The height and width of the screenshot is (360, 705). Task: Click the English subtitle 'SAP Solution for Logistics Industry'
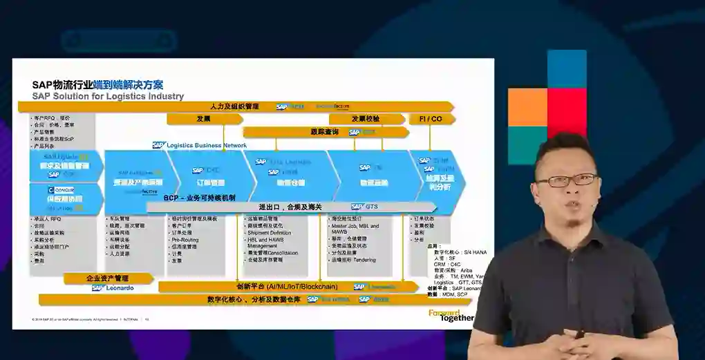coord(108,96)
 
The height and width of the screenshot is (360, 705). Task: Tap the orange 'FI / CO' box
coord(430,119)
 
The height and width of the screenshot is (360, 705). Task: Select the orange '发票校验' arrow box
coord(364,119)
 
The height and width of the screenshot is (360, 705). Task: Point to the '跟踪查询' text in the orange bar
coord(324,131)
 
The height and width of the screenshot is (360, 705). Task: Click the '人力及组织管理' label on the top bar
coord(234,106)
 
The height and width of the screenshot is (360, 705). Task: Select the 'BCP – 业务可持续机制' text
coord(200,198)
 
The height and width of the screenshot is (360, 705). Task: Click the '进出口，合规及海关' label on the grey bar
coord(290,207)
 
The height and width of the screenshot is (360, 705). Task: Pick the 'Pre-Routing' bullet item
coord(185,239)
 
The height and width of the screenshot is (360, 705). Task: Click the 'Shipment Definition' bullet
coord(270,233)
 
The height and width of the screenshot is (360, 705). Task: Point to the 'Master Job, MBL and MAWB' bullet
coord(355,229)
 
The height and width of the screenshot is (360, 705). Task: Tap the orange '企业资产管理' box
coord(109,278)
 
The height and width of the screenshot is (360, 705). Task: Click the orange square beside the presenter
coord(527,108)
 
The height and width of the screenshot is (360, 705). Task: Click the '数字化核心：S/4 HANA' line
coord(457,252)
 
